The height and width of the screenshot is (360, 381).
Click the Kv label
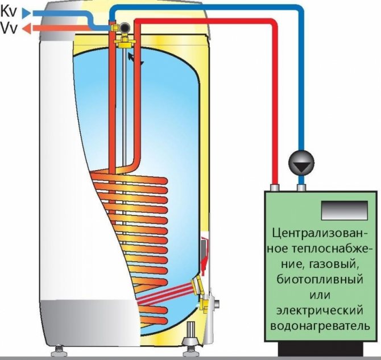pos(9,12)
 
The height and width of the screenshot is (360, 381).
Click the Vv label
pos(9,28)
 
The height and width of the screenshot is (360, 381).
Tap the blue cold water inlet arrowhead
pos(26,13)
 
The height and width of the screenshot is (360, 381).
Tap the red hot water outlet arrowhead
pos(27,28)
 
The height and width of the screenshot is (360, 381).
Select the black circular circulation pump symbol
pos(301,163)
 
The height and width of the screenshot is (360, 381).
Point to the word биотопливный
pos(320,280)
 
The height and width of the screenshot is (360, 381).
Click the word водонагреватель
pos(320,326)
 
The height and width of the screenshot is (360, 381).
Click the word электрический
pos(320,311)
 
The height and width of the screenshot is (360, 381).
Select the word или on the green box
pos(320,296)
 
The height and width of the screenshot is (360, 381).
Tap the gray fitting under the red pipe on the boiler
pos(275,188)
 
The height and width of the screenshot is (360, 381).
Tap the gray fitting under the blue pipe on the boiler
pos(301,188)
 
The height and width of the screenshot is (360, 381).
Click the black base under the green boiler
pos(321,350)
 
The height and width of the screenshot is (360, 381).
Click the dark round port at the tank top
pos(126,27)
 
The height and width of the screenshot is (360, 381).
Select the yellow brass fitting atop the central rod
pos(125,42)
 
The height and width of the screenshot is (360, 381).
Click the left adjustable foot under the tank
pos(59,351)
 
